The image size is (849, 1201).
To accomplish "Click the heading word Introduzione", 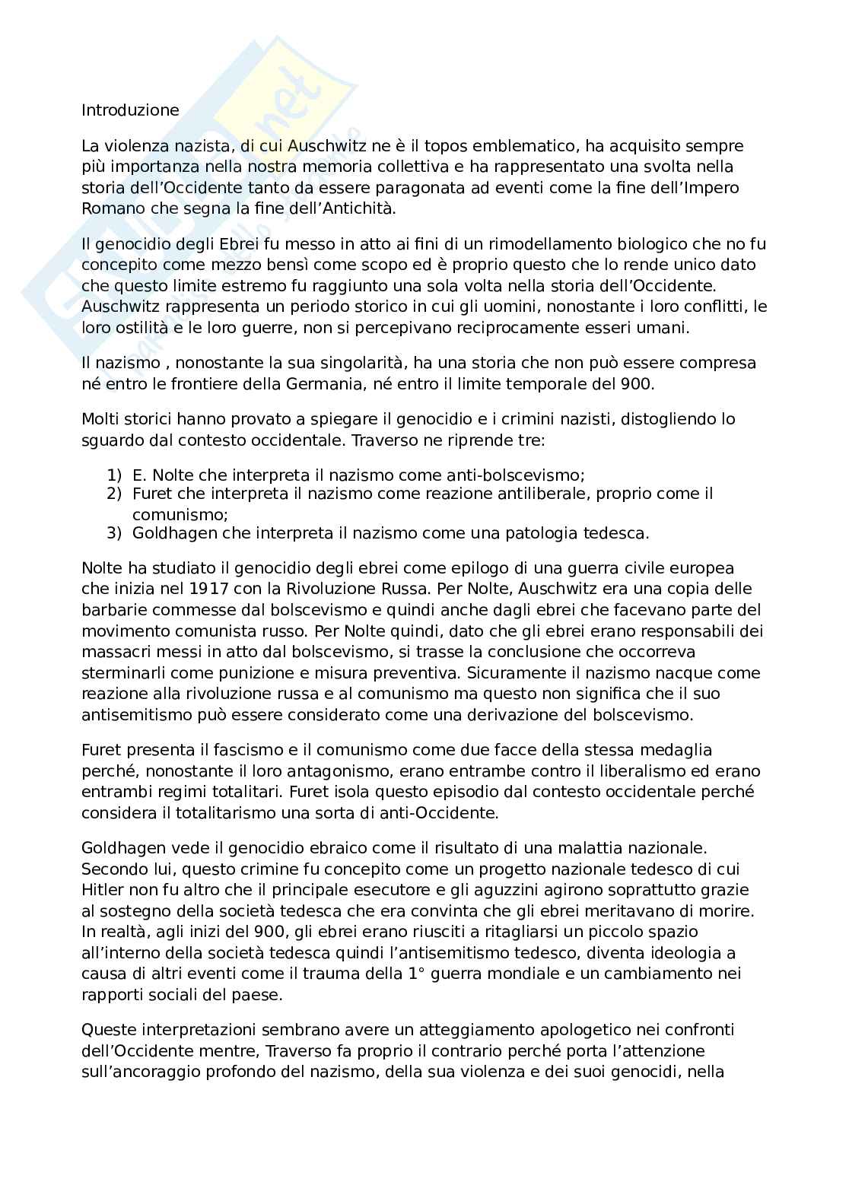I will (130, 110).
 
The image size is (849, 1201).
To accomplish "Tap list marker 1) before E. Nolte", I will (114, 475).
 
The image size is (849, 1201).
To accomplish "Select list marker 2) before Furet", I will (114, 494).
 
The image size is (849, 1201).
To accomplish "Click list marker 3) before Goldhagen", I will (114, 533).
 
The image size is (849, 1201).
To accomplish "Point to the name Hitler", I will (103, 890).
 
